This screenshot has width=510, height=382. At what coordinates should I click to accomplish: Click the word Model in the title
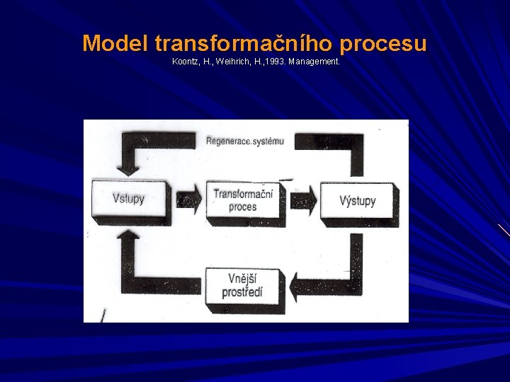tap(115, 44)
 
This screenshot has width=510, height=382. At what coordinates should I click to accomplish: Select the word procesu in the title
tap(383, 44)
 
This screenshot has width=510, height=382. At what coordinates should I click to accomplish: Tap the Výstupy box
tap(357, 200)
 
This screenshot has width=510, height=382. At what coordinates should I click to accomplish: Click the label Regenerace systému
tap(244, 141)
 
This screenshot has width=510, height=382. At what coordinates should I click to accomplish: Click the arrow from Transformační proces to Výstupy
tap(302, 201)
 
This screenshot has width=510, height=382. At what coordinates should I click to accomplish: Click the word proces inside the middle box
tap(242, 207)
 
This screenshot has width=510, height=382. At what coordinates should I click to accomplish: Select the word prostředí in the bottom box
tap(243, 292)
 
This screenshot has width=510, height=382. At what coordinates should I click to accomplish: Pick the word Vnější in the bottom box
tap(243, 279)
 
